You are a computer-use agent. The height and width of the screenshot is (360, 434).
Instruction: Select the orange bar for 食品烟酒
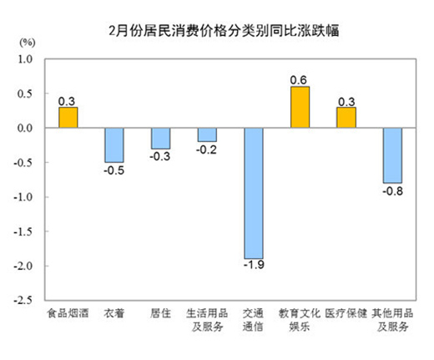click(68, 118)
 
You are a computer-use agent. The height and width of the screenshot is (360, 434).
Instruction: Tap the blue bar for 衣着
click(114, 145)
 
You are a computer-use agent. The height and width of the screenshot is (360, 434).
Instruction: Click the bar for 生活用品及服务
click(207, 135)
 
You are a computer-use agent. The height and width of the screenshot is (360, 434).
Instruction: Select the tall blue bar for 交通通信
click(254, 193)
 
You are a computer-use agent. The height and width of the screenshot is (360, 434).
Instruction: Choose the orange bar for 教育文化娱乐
click(300, 108)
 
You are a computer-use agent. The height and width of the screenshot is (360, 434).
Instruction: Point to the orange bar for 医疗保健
click(346, 118)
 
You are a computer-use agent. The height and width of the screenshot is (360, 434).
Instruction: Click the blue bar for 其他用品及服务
click(392, 155)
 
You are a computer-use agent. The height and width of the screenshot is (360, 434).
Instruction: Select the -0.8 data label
click(392, 191)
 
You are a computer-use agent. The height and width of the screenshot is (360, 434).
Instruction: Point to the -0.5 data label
click(114, 170)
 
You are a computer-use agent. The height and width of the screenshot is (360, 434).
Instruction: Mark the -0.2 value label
click(207, 150)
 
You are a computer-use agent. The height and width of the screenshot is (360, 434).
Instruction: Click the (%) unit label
click(27, 41)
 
